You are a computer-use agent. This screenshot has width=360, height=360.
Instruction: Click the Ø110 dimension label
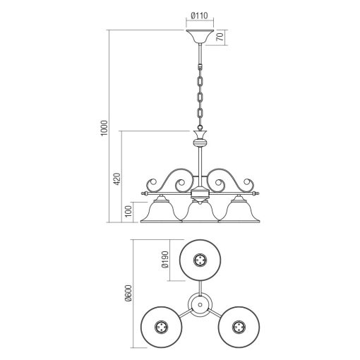point(199,14)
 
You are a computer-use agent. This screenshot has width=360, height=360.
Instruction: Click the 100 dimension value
point(128,212)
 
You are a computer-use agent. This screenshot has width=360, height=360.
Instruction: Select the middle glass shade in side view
point(199,211)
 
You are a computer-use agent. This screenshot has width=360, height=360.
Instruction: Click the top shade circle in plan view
point(200,260)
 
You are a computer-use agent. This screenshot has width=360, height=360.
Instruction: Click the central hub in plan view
point(200,304)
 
